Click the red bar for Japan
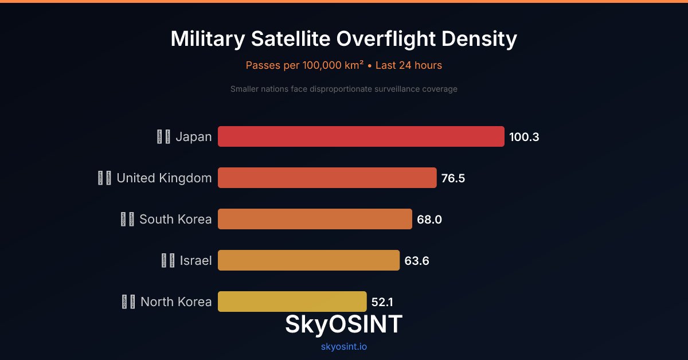[x=361, y=136]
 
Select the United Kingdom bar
[x=327, y=178]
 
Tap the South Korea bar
[x=315, y=219]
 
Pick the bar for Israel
[x=308, y=260]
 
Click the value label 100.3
[x=524, y=137]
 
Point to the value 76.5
[x=453, y=178]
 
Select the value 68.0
[x=429, y=220]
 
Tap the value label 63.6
[x=417, y=261]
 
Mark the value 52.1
[x=382, y=302]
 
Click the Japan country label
[x=193, y=137]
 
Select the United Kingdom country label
[x=164, y=178]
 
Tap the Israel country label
[x=196, y=261]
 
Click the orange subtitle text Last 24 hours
[x=409, y=65]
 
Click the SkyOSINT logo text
[x=343, y=324]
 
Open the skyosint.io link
[x=343, y=346]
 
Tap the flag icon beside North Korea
[x=128, y=302]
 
